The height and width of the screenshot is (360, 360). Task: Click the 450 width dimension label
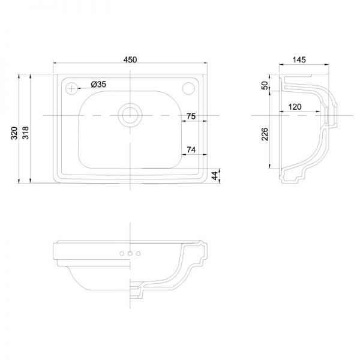click(x=130, y=59)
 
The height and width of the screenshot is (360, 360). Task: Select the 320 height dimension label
click(x=14, y=133)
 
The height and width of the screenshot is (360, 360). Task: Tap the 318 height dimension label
click(x=25, y=133)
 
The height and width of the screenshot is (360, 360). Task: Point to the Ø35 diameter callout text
click(x=98, y=85)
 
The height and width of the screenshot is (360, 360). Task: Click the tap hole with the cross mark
click(x=72, y=88)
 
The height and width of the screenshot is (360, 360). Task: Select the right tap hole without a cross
click(x=189, y=88)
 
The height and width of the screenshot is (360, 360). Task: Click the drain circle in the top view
click(x=130, y=115)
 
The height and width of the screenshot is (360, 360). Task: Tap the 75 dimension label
click(x=191, y=116)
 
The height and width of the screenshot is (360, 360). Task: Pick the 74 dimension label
click(x=191, y=149)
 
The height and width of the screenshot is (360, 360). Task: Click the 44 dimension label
click(x=214, y=176)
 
